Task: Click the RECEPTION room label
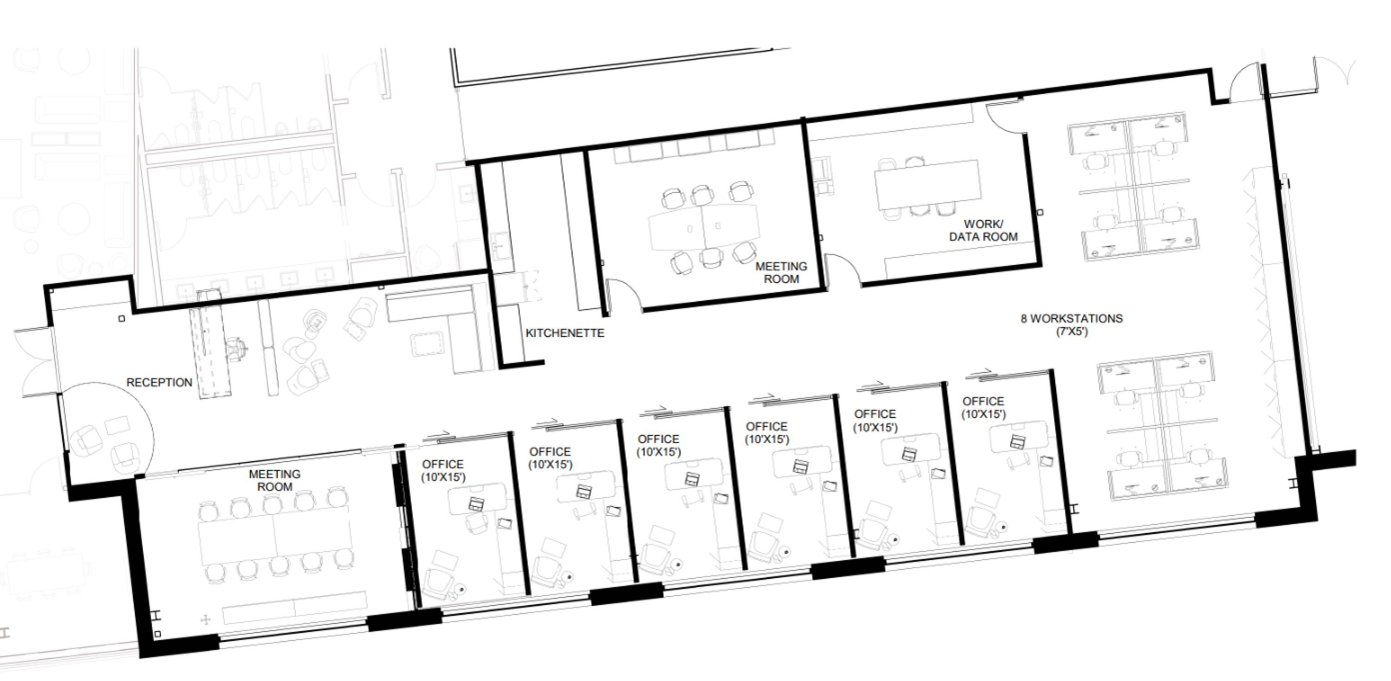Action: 160,382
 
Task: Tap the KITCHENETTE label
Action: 565,333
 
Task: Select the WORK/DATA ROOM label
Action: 983,230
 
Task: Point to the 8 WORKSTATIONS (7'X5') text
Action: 1072,325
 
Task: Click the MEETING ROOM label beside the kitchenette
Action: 781,273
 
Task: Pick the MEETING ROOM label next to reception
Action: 275,480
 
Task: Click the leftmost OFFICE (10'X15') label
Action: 443,470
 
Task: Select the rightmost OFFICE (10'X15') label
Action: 983,408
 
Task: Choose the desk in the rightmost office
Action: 1018,436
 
